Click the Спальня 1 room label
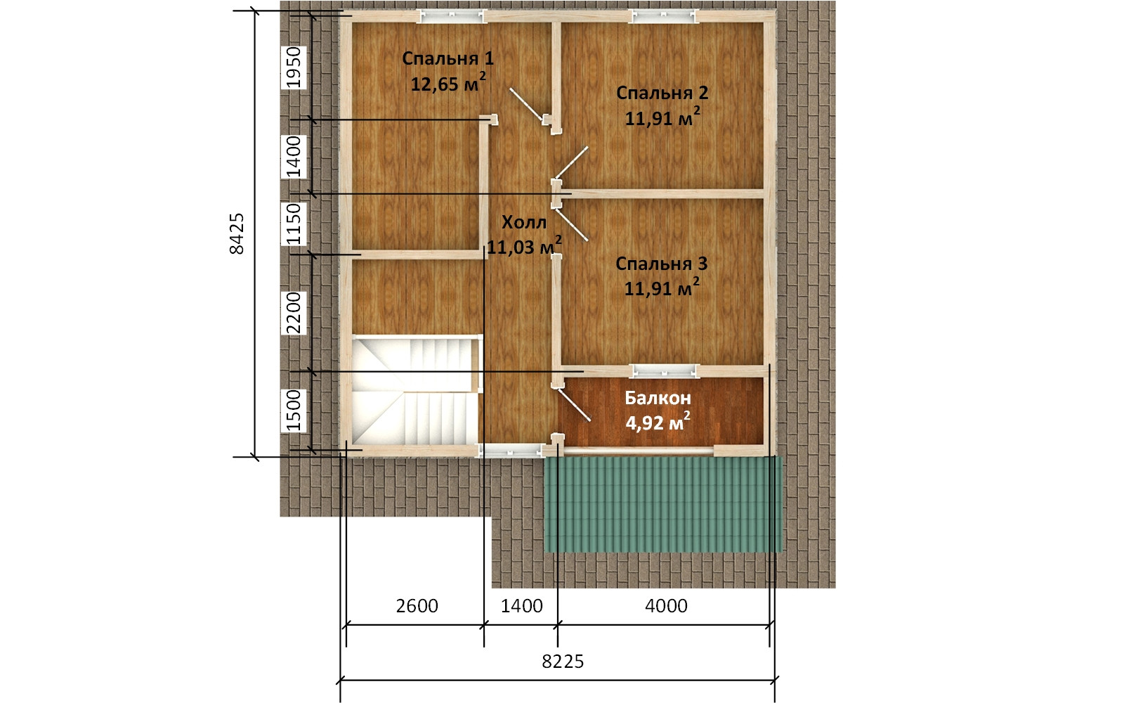coord(447,59)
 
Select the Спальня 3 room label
coord(661,264)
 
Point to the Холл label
coord(524,222)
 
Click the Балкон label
coord(658,398)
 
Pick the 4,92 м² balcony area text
coord(658,422)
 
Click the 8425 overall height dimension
coord(237,233)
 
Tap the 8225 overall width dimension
coord(563,662)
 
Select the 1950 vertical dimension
coord(293,67)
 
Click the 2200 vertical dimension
coord(293,314)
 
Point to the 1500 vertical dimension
coord(293,411)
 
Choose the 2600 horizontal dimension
coord(417,606)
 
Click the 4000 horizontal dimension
coord(666,606)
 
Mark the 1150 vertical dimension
coord(293,224)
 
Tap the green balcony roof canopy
coord(663,504)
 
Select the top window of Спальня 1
coord(452,17)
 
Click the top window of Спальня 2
coord(664,17)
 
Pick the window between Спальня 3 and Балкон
coord(665,370)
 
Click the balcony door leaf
coord(573,405)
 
